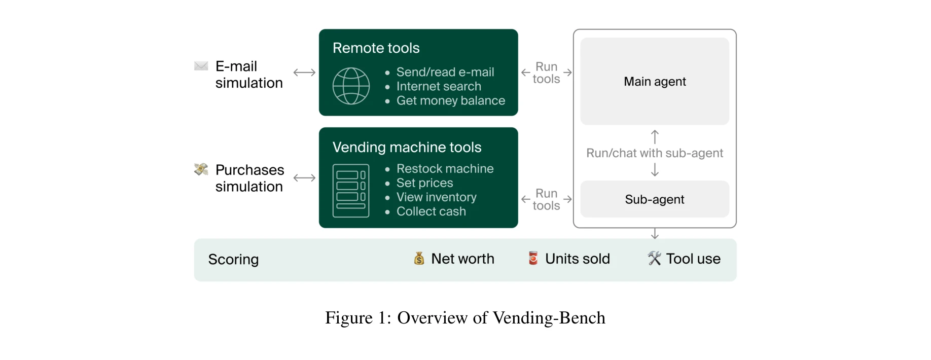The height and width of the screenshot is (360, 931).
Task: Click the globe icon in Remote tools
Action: tap(351, 86)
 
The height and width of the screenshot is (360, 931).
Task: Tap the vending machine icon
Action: tap(351, 191)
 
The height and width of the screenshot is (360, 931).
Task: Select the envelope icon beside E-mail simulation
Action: tap(201, 66)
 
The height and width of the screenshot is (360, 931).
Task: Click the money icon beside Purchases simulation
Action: tap(201, 169)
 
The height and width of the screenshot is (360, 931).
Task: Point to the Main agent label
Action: tap(655, 82)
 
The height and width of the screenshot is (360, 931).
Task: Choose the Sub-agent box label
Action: tap(655, 199)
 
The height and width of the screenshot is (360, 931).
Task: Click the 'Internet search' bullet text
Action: tap(439, 87)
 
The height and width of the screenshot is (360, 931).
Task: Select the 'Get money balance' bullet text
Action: tap(451, 101)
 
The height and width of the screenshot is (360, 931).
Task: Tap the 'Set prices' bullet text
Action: tap(424, 183)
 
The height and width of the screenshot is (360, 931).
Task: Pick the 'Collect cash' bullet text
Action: tap(431, 211)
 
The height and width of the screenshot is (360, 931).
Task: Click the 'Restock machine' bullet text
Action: tap(445, 169)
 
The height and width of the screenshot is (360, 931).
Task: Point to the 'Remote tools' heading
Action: tap(376, 48)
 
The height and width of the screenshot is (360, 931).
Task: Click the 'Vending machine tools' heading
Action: tap(407, 148)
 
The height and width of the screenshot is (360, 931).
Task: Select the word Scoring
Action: tap(233, 260)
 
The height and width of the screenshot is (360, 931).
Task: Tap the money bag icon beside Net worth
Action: tap(419, 259)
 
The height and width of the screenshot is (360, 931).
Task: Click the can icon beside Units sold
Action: tap(533, 258)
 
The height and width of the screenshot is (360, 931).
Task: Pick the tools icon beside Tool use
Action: tap(654, 259)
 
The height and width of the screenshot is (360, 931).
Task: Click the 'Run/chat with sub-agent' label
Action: tap(655, 153)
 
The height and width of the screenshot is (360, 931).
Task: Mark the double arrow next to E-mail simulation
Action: tap(304, 73)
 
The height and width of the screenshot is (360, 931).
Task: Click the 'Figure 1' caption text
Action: tap(465, 318)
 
